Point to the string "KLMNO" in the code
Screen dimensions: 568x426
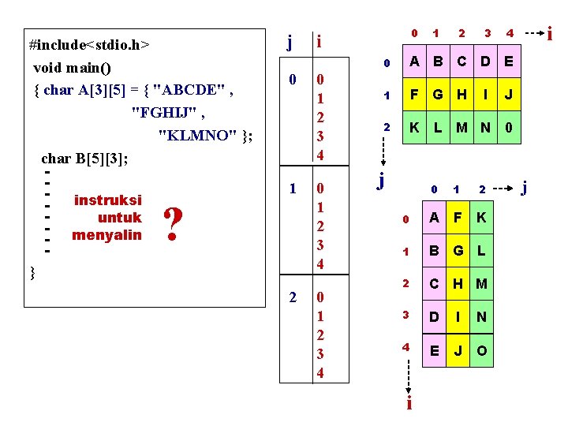coord(201,134)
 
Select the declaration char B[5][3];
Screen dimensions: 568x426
coord(84,158)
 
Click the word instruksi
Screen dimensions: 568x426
coord(107,200)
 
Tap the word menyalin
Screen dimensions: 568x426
coord(106,234)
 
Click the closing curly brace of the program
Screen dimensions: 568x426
coord(32,273)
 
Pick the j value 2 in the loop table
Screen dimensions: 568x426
coord(293,297)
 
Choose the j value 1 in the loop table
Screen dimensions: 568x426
coord(293,189)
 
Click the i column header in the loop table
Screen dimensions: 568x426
coord(318,41)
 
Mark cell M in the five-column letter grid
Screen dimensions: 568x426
coord(461,127)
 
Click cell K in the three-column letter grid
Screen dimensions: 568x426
coord(481,219)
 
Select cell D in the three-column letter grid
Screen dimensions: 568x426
coord(433,316)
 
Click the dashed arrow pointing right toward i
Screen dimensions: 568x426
coord(534,34)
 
